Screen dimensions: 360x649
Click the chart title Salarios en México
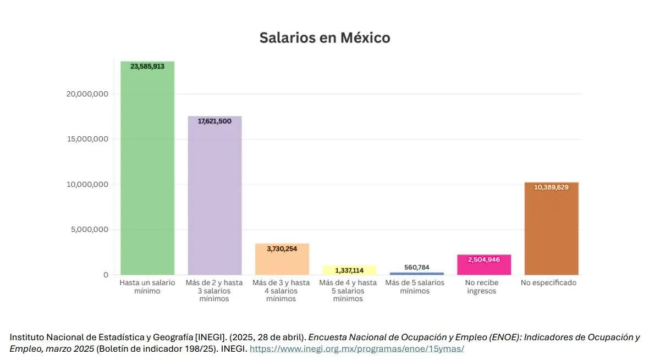click(x=324, y=38)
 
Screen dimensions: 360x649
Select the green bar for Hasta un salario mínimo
click(x=147, y=176)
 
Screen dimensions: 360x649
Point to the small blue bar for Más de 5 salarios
click(x=416, y=273)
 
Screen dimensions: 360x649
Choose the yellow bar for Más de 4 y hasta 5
click(x=349, y=271)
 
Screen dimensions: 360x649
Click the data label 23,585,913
click(x=147, y=67)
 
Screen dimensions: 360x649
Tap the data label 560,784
click(x=416, y=267)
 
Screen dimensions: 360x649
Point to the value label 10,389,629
click(x=551, y=187)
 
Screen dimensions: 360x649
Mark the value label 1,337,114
click(x=349, y=270)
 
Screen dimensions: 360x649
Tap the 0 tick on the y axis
click(x=106, y=275)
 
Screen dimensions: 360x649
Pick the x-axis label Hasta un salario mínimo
click(x=147, y=286)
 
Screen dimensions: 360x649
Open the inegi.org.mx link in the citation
click(x=357, y=349)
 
